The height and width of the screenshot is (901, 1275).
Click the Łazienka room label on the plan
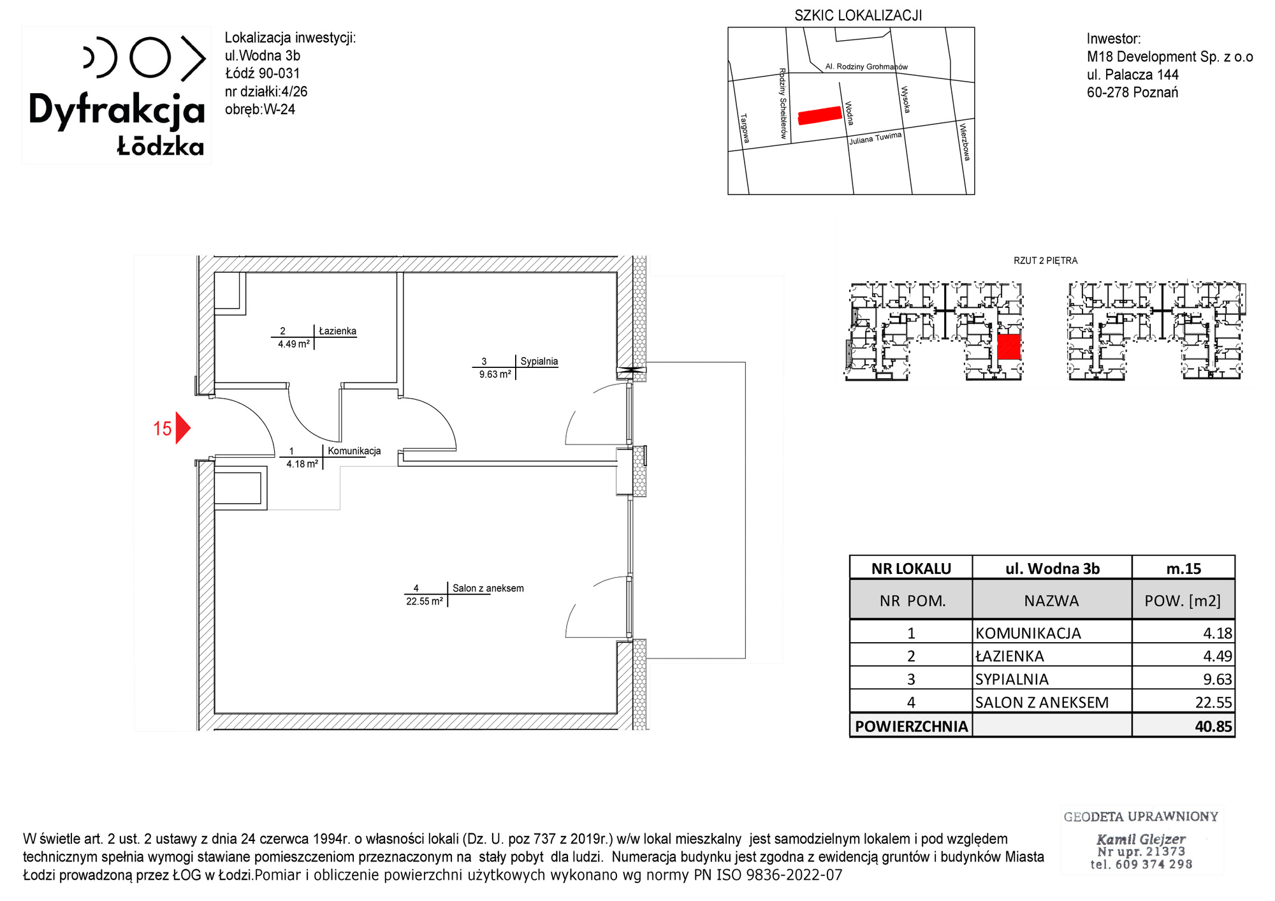337,331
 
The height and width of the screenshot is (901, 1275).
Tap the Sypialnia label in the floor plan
539,361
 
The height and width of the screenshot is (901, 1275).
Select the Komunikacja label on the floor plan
354,451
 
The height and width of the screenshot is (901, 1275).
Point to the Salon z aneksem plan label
488,588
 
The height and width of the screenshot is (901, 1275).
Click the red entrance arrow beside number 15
182,428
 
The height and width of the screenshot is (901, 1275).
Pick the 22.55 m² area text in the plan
424,601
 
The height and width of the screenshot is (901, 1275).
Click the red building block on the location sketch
820,115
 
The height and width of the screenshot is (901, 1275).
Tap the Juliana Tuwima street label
875,138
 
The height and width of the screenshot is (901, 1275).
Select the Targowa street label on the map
745,128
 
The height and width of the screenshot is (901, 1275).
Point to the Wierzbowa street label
965,142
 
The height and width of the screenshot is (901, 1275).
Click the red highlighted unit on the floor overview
1009,348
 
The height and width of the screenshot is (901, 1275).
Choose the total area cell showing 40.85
1213,726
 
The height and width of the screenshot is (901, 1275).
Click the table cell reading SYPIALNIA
1012,679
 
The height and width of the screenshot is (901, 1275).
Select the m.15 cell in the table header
1183,568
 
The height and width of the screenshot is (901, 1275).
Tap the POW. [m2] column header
1183,601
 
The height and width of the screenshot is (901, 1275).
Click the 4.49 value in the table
1217,656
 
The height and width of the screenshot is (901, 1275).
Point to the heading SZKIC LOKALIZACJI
858,15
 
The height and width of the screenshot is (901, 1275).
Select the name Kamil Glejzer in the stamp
1140,839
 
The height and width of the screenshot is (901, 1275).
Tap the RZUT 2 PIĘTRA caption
1045,261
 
